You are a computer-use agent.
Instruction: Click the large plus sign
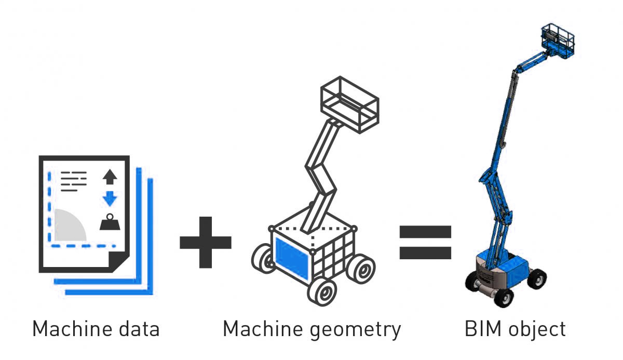(206, 242)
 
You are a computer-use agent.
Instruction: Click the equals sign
(425, 242)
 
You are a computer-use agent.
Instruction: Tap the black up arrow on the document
(110, 177)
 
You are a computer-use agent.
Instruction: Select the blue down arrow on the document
(110, 198)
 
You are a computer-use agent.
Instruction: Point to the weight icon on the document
(110, 222)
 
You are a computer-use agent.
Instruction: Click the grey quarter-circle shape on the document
(68, 226)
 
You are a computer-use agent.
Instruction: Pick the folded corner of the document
(118, 261)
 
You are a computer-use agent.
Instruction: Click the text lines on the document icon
(74, 181)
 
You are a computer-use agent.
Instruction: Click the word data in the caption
(139, 329)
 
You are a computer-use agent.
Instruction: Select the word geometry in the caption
(355, 330)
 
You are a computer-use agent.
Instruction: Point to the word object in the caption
(537, 330)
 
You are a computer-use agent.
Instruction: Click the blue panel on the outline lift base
(292, 259)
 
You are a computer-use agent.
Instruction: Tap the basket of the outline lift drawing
(349, 104)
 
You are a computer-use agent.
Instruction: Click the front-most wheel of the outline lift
(322, 291)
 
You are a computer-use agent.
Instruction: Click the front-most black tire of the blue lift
(504, 298)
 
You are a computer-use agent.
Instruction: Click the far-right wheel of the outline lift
(361, 269)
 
